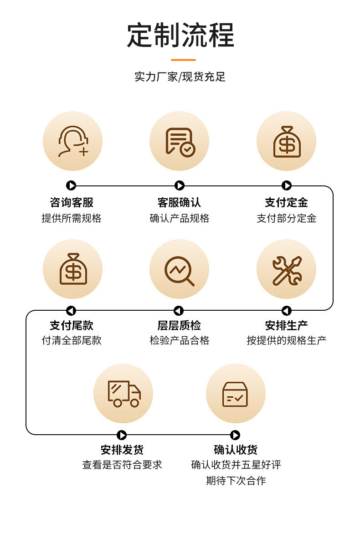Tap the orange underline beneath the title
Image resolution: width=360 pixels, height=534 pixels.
pos(183,60)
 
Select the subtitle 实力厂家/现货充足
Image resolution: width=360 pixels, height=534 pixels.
pos(180,77)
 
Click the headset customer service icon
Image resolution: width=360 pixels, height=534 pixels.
pos(72,141)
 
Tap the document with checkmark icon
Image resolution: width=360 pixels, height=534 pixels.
pos(180,141)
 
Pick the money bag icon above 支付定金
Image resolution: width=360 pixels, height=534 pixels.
pos(287,141)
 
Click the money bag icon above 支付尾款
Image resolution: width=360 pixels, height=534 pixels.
pos(72,269)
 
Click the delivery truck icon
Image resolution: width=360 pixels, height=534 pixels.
pos(123,393)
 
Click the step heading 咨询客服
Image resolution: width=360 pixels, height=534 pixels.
pos(72,202)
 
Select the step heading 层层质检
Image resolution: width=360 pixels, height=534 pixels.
pos(179,325)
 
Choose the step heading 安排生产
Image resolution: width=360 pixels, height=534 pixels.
pos(286,325)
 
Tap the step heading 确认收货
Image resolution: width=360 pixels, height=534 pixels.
pos(236,450)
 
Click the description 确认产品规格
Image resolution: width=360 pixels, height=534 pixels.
pos(180,218)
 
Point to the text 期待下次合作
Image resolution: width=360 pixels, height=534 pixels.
pos(236,480)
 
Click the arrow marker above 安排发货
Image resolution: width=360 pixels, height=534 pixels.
pos(122,435)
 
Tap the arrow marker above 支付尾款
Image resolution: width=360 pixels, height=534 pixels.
pos(71,311)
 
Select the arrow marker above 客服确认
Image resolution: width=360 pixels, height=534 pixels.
pos(180,185)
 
